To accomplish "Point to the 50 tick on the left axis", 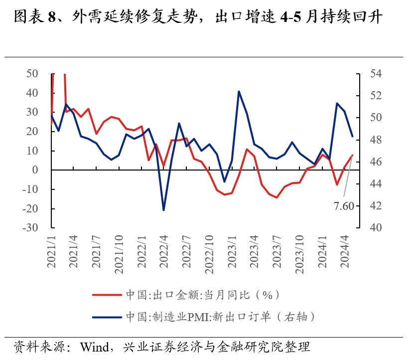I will click(32, 74).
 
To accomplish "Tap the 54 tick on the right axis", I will click(376, 74).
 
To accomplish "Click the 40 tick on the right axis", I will click(376, 227).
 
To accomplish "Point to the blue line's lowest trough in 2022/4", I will click(163, 210).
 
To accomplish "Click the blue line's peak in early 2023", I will click(239, 92).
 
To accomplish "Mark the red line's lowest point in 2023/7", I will click(276, 197).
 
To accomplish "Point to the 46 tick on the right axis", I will click(376, 162).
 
